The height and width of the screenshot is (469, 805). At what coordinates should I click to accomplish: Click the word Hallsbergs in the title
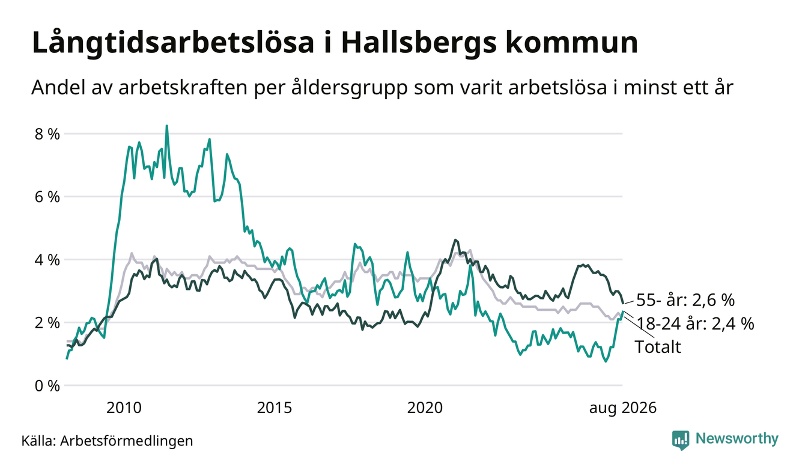pyautogui.click(x=418, y=43)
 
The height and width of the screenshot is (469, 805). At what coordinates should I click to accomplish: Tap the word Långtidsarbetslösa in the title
pyautogui.click(x=173, y=43)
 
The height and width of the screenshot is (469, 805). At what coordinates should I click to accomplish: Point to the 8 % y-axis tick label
pyautogui.click(x=47, y=134)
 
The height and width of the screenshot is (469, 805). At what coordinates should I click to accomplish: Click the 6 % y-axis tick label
pyautogui.click(x=47, y=197)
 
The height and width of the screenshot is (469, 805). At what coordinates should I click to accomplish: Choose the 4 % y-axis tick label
pyautogui.click(x=47, y=260)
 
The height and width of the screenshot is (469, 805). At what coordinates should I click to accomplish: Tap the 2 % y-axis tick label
pyautogui.click(x=47, y=323)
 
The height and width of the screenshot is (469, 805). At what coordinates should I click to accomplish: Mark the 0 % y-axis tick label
pyautogui.click(x=47, y=386)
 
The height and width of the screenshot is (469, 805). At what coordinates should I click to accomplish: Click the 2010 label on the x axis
pyautogui.click(x=124, y=408)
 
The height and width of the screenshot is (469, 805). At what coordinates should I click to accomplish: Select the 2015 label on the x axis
pyautogui.click(x=275, y=408)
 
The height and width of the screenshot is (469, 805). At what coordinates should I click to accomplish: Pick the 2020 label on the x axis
pyautogui.click(x=425, y=408)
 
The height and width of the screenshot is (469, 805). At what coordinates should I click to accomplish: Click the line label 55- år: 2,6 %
pyautogui.click(x=685, y=300)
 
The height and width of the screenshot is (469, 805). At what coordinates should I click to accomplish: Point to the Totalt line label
pyautogui.click(x=658, y=347)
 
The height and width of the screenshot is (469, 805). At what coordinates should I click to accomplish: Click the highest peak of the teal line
pyautogui.click(x=167, y=126)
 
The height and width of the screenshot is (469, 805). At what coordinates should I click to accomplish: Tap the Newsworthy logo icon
pyautogui.click(x=681, y=440)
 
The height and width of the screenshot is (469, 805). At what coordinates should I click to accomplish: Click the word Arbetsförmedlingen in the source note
pyautogui.click(x=127, y=441)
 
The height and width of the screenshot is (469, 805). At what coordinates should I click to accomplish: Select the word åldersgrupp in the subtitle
pyautogui.click(x=350, y=88)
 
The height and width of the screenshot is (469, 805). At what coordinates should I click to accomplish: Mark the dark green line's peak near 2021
pyautogui.click(x=456, y=239)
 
